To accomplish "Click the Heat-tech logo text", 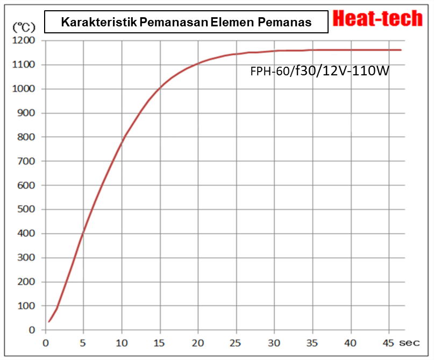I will [x=378, y=18].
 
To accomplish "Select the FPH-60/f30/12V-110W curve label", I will [x=319, y=70].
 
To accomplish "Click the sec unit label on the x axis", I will [x=412, y=342].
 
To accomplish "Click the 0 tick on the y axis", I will [x=32, y=330].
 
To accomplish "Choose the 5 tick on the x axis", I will [x=83, y=342].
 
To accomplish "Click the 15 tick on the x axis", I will [x=160, y=342].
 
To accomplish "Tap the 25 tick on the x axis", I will [x=236, y=342].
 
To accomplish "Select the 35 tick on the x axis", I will [x=312, y=342].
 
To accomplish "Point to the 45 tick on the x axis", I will [x=389, y=342].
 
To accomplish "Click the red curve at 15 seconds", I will [x=160, y=87].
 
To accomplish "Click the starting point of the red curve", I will [x=49, y=322].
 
